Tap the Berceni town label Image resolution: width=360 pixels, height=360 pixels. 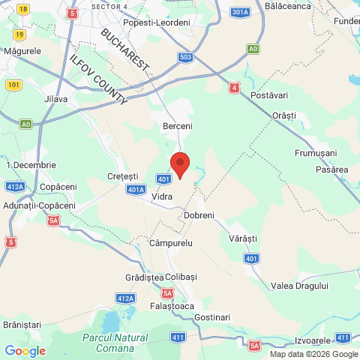point(178,127)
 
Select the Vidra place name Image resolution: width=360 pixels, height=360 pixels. point(162,196)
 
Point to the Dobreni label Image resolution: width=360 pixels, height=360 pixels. point(199,215)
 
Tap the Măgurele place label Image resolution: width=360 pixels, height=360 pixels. point(22,50)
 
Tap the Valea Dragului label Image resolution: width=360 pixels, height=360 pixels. point(300,286)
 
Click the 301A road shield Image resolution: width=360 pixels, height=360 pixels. point(240,13)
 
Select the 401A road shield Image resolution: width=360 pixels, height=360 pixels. point(135,190)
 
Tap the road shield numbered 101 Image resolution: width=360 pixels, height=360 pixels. point(13,84)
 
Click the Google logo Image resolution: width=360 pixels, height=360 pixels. point(25,351)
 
